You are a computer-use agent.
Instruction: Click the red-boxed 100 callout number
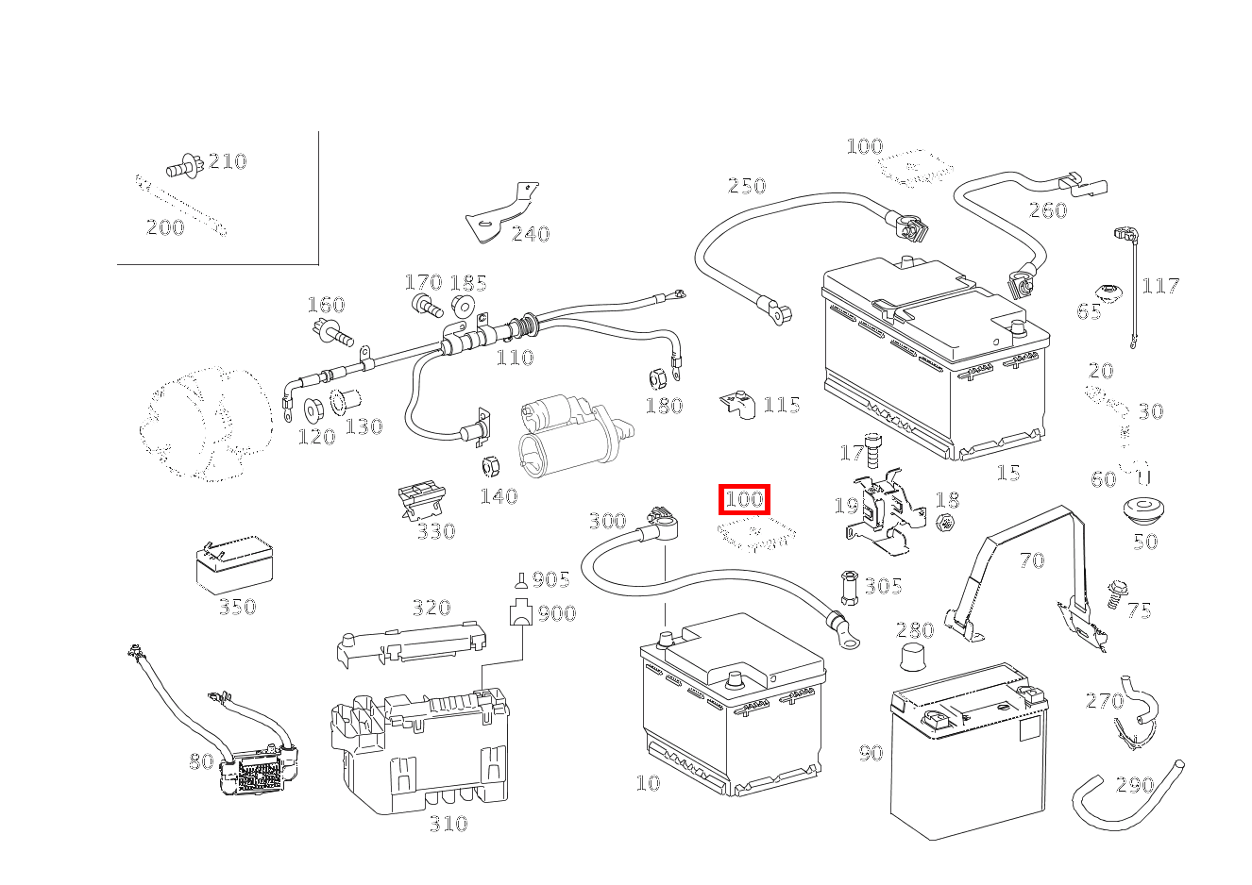pos(745,498)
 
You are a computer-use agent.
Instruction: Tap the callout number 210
pos(227,161)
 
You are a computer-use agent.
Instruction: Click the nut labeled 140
pos(490,466)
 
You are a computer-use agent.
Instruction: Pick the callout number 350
pos(237,607)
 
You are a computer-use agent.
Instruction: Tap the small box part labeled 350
pos(233,567)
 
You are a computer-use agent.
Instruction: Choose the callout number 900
pos(556,615)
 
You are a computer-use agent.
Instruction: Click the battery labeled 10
pos(731,703)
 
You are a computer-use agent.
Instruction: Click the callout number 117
pos(1160,286)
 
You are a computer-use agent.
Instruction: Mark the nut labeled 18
pos(947,522)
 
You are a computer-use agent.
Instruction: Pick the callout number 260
pos(1047,210)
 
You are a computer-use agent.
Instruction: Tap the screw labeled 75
pos(1116,593)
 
